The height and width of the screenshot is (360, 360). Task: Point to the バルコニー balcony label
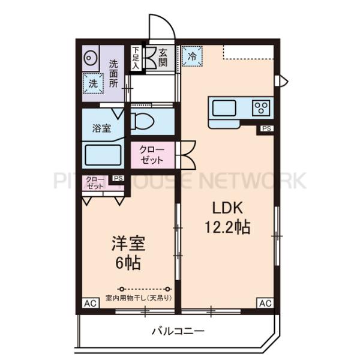178,331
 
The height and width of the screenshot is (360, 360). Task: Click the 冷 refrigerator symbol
192,56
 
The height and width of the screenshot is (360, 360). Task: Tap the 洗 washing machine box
93,83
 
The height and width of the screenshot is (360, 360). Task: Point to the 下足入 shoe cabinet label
136,58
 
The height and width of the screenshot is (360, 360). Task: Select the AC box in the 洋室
90,304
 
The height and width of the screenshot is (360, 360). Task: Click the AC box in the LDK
265,304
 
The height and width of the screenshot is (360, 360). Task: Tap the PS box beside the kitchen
266,128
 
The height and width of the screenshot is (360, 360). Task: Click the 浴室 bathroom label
101,128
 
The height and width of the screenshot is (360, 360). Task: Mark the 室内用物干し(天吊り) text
139,298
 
